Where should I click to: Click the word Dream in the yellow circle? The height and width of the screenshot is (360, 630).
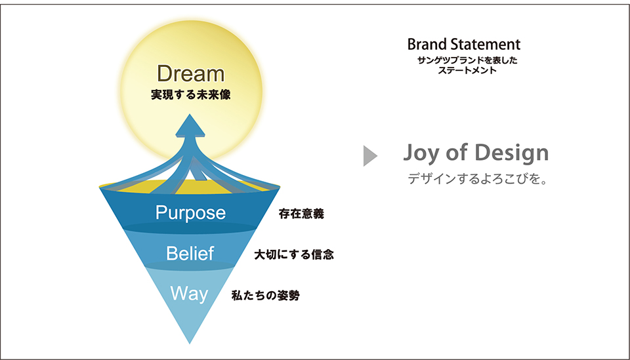(x=190, y=73)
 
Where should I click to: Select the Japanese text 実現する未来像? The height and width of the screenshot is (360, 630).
(x=191, y=94)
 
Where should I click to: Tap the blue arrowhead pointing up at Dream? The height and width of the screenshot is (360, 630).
(x=190, y=125)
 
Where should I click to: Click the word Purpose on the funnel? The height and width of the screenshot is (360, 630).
(x=190, y=212)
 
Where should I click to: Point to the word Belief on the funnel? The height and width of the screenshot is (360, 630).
(x=190, y=253)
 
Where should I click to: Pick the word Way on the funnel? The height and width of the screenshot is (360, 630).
(x=189, y=294)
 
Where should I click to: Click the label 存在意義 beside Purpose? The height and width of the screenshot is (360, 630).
(x=301, y=214)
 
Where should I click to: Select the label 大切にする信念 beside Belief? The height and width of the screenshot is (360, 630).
(x=294, y=254)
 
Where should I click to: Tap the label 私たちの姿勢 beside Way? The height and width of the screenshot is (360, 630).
(x=266, y=295)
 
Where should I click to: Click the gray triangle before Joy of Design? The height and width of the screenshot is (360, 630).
(x=369, y=155)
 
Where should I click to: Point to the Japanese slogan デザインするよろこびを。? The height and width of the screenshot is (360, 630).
(x=478, y=178)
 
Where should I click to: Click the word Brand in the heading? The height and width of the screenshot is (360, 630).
(x=427, y=44)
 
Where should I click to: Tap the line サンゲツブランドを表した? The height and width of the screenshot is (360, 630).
(x=467, y=60)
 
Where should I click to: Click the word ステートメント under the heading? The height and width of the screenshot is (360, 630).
(x=467, y=70)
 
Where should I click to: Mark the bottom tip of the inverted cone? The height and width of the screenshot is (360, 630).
(x=190, y=344)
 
